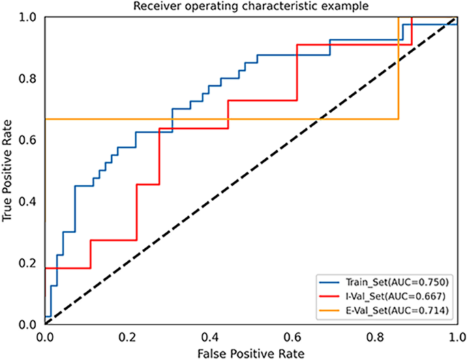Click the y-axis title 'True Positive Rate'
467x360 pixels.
(x=8, y=170)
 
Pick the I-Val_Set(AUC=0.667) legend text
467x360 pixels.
(x=395, y=296)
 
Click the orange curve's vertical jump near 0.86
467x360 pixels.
(x=399, y=68)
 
